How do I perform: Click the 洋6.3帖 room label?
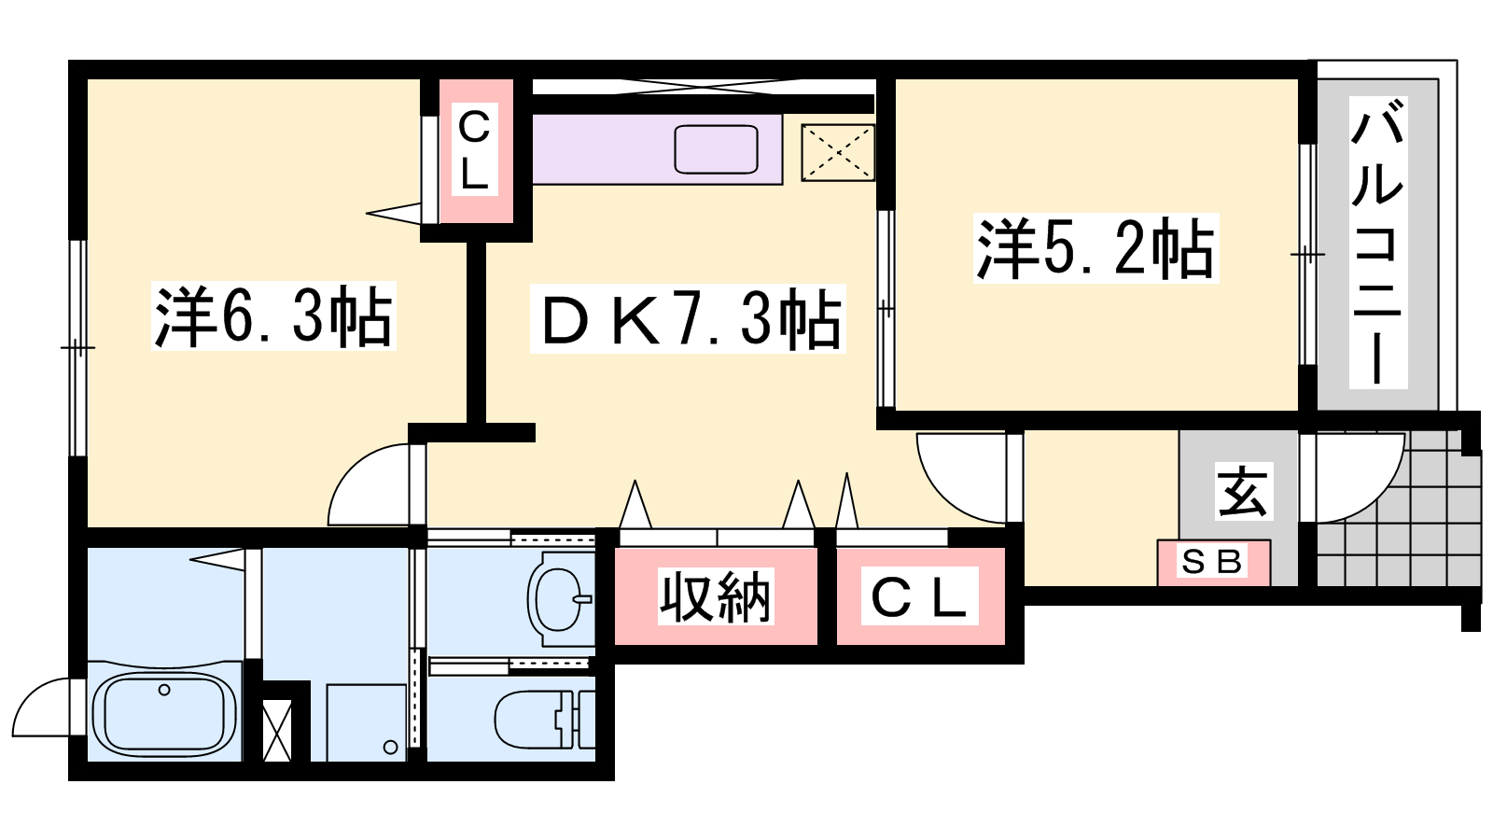coord(273,316)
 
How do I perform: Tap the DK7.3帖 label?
coord(688,319)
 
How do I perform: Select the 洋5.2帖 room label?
coord(1095,248)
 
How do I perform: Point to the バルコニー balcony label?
coord(1377,243)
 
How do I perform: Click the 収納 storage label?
coord(715,596)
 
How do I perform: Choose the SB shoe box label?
coord(1212,561)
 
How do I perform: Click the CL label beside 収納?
coord(919,596)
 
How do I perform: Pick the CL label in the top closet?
coord(475,149)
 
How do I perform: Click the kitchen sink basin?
coord(716,149)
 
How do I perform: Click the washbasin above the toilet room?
coord(559,598)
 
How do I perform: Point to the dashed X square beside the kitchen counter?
coord(838,153)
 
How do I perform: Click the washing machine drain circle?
coord(392,748)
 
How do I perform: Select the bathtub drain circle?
coord(164,690)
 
